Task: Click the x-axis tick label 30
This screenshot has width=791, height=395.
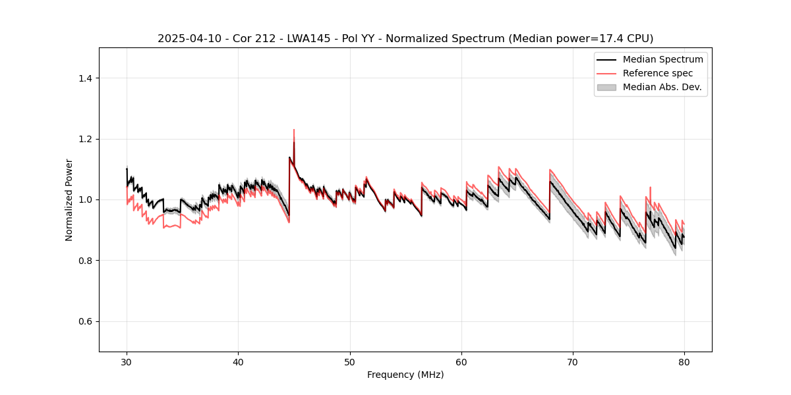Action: tap(127, 362)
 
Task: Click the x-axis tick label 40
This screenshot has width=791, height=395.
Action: tap(238, 362)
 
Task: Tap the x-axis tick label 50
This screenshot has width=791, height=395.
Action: tap(350, 362)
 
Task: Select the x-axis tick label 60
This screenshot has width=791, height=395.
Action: tap(461, 362)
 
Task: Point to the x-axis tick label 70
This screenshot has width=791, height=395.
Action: tap(573, 362)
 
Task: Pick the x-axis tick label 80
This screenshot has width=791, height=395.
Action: tap(684, 362)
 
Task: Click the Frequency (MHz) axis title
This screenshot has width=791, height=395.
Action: tap(405, 375)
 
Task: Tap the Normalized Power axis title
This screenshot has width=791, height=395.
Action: tap(69, 199)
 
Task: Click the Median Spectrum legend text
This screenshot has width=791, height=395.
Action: tap(662, 59)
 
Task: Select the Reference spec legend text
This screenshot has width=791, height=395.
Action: tap(658, 73)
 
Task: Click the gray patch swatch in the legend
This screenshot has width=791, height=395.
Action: tap(606, 87)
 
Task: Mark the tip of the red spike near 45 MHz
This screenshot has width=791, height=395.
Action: tap(294, 130)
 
